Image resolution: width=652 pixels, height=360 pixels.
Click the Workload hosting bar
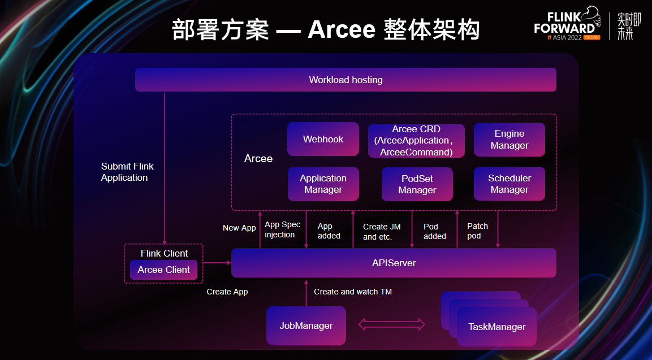(x=346, y=79)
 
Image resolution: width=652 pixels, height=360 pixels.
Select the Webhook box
(x=323, y=139)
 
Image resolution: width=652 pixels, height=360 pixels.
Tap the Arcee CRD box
(x=416, y=141)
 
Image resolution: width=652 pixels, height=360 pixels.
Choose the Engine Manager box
(x=509, y=139)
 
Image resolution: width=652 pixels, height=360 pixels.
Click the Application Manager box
(x=323, y=184)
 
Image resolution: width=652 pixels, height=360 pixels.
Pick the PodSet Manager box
(x=417, y=184)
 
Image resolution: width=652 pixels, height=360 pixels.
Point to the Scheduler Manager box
(x=509, y=184)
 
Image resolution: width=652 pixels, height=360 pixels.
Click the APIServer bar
(x=394, y=263)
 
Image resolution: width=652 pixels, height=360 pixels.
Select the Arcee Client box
(x=164, y=270)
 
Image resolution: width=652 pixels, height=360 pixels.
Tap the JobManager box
(x=306, y=326)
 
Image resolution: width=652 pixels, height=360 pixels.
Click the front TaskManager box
(x=496, y=327)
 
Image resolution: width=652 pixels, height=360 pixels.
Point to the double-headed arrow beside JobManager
(x=391, y=324)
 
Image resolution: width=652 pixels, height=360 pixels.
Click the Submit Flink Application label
(x=127, y=172)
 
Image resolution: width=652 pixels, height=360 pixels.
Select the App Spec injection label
(x=282, y=229)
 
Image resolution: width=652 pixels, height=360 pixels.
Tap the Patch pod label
(x=477, y=231)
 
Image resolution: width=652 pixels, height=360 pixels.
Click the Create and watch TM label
(x=353, y=292)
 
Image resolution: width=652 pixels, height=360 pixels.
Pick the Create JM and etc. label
(x=382, y=232)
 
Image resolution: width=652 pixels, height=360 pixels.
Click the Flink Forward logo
(x=567, y=23)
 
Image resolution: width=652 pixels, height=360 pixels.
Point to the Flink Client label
(x=164, y=253)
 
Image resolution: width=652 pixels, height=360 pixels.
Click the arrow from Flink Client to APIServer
(x=217, y=263)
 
